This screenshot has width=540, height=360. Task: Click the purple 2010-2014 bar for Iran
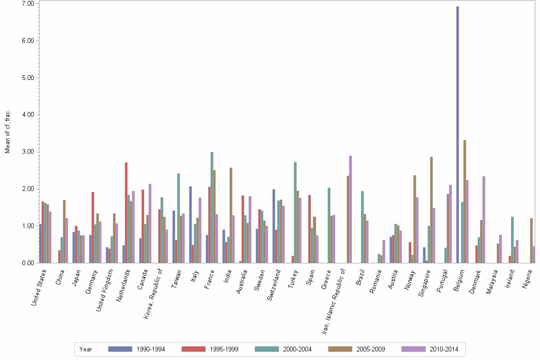(350, 210)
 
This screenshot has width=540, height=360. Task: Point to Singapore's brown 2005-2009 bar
(431, 210)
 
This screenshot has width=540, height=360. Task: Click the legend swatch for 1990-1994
(120, 349)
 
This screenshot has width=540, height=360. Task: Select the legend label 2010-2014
(443, 349)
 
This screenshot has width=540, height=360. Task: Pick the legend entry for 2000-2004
(297, 349)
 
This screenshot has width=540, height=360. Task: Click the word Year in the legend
(86, 349)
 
